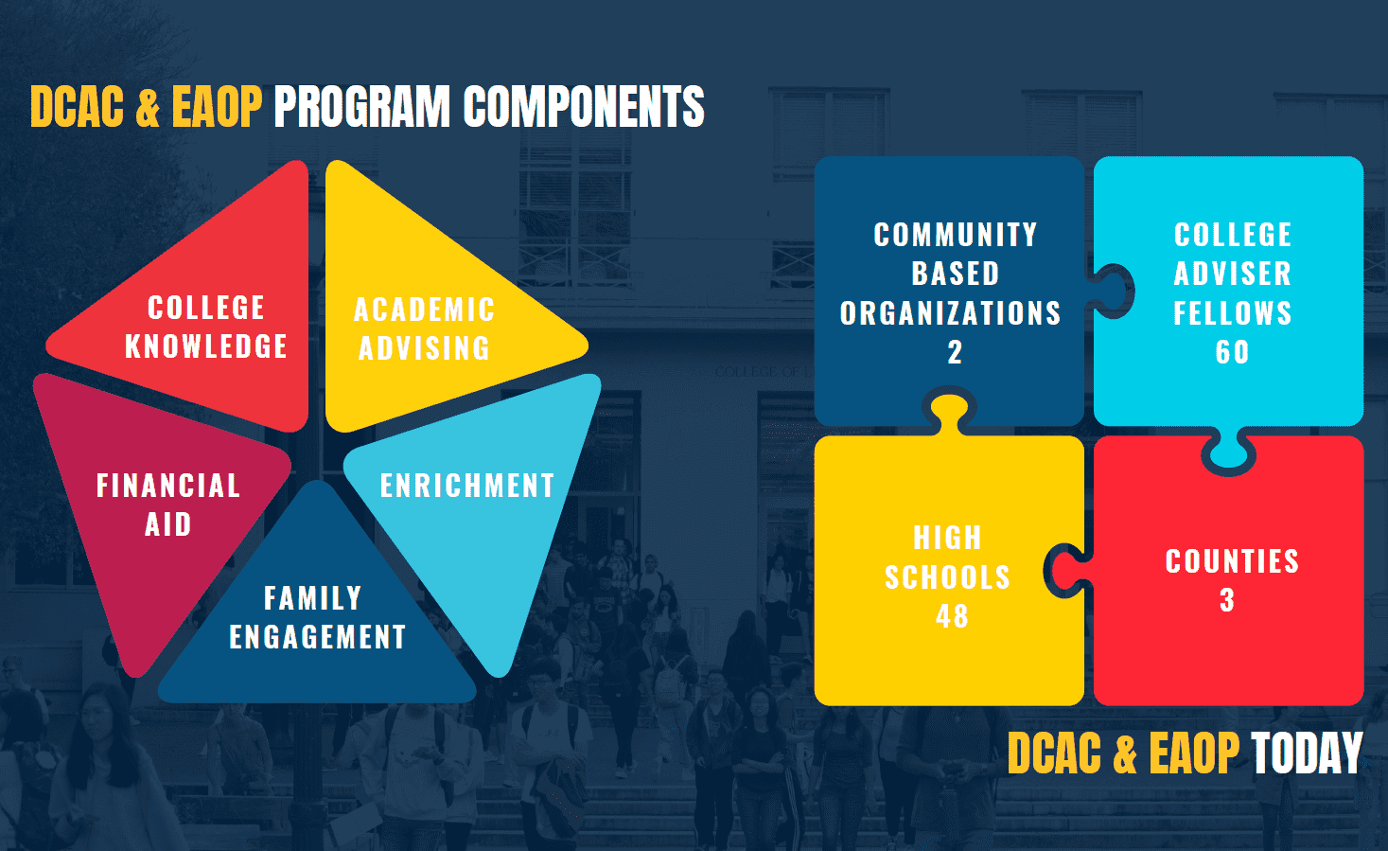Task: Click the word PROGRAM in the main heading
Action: [361, 107]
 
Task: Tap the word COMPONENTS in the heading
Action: [584, 107]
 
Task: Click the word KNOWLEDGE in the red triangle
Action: [206, 346]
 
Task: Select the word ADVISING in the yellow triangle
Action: [425, 348]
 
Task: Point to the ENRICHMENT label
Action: [467, 486]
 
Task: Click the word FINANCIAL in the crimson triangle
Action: [168, 486]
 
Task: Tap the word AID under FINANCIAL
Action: [168, 525]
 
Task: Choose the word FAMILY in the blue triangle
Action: [313, 598]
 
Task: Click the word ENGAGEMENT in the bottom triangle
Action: [318, 637]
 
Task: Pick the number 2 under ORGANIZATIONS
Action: [955, 352]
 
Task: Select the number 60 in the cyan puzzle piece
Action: [1233, 352]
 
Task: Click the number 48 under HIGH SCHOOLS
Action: [952, 616]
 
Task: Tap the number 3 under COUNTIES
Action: [1227, 600]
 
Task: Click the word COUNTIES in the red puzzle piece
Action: [1233, 561]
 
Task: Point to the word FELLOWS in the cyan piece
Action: [1233, 313]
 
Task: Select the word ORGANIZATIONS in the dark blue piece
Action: [951, 313]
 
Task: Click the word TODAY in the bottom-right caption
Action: [1307, 753]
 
